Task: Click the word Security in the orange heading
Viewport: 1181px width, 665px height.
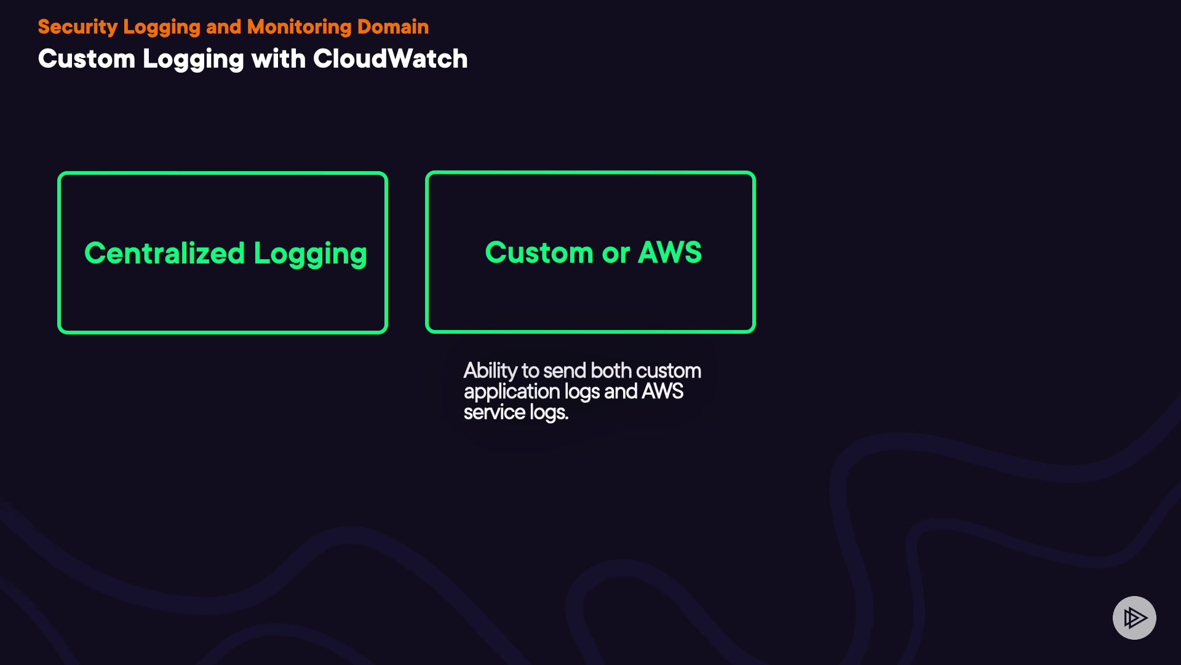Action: coord(78,27)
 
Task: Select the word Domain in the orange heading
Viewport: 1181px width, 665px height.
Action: coord(393,27)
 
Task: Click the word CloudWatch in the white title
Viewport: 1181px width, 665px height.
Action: coord(390,59)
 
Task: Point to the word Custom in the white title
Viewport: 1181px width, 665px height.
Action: coord(86,59)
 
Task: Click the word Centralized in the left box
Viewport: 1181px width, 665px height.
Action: coord(164,253)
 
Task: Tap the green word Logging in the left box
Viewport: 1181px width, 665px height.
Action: coord(310,254)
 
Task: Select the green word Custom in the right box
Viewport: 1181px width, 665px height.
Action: coord(539,252)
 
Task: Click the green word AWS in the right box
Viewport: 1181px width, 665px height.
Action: coord(670,252)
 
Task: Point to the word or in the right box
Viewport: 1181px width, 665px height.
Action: coord(616,254)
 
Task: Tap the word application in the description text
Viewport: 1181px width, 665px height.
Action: coord(511,392)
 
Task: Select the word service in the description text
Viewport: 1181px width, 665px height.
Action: coord(494,413)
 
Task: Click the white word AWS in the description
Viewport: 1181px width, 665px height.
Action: coord(662,392)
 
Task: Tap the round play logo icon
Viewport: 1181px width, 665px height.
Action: coord(1134,618)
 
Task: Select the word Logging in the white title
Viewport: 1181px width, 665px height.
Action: coord(193,60)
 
